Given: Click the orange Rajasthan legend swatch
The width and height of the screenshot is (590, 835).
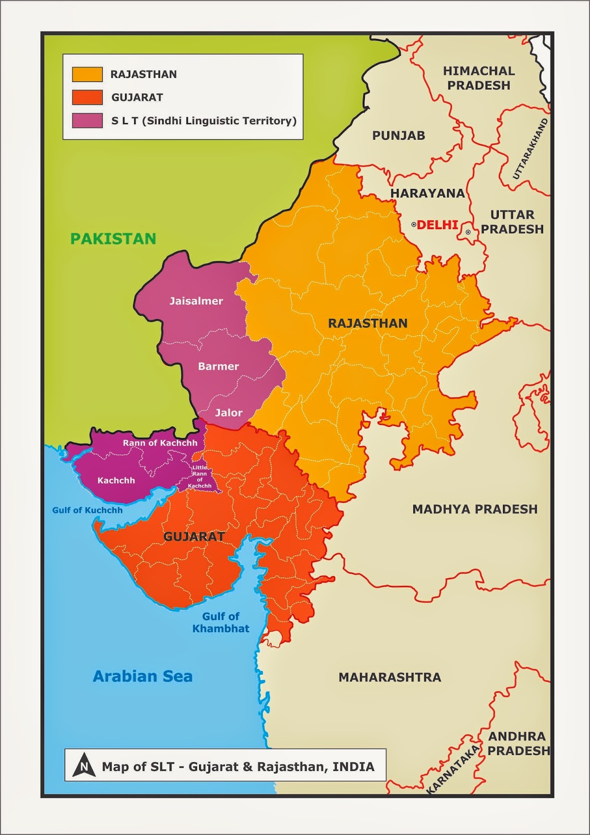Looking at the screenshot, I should [x=87, y=74].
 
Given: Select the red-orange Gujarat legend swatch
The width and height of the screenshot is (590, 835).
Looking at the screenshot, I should [x=87, y=97].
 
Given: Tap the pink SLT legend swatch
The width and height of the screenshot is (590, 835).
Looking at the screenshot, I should [x=87, y=121].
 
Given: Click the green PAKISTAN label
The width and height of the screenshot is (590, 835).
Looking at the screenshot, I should [x=113, y=238].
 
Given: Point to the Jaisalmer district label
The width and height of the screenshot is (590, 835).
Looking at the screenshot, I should [x=196, y=301].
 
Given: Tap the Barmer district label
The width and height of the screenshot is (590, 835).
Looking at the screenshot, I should [x=218, y=366].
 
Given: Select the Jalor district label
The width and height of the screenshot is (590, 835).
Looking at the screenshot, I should [x=229, y=413].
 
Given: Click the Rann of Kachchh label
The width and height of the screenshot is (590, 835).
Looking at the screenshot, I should [x=160, y=443].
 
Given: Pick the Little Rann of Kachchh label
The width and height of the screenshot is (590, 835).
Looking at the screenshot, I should [x=200, y=476].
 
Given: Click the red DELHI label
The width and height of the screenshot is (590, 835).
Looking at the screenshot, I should [x=437, y=225].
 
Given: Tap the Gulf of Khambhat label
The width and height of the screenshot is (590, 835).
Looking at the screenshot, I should [x=221, y=623].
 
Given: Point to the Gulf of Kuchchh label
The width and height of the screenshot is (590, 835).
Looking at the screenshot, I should [x=88, y=510].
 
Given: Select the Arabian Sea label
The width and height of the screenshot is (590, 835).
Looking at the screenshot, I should [x=143, y=676].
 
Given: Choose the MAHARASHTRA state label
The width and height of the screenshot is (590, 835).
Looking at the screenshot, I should [x=390, y=677].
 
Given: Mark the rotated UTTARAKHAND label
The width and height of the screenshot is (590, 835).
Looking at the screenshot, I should [x=531, y=149].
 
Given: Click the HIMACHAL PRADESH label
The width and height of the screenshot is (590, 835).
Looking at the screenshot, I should [x=478, y=78].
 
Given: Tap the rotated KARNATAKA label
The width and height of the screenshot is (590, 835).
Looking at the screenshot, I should [x=453, y=769].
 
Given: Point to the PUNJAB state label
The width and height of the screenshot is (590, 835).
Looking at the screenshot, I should [x=399, y=136].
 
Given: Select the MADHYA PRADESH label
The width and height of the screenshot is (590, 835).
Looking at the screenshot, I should [x=475, y=509].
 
